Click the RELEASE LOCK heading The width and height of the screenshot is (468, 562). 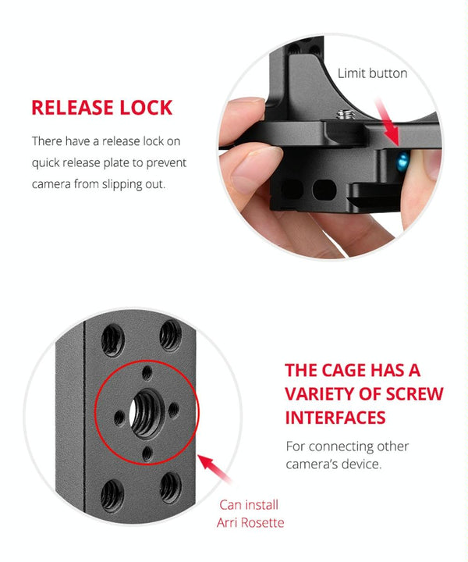click(x=102, y=108)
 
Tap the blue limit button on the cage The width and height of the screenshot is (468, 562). click(x=403, y=162)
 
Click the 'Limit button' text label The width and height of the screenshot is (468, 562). click(x=372, y=73)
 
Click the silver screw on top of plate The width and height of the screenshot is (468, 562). click(x=346, y=115)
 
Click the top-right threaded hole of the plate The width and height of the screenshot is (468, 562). click(x=171, y=336)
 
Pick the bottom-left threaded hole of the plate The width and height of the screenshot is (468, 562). click(x=112, y=496)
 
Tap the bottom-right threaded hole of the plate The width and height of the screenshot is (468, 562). click(x=171, y=488)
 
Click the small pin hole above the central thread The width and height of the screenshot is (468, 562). click(x=147, y=373)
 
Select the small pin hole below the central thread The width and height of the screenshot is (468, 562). click(x=147, y=454)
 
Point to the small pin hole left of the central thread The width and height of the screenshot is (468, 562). click(x=119, y=418)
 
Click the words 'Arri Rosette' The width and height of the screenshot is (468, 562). click(x=250, y=522)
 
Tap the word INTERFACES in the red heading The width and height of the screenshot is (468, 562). click(x=335, y=418)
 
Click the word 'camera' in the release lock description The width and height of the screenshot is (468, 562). click(x=51, y=184)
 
